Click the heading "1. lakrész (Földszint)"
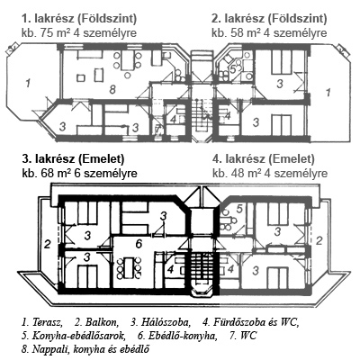[x=79, y=19]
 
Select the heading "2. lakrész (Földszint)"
[x=269, y=19]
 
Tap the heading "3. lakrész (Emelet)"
[x=73, y=159]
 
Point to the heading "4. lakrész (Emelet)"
[x=264, y=159]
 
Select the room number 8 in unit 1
[x=112, y=89]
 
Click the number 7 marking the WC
[x=157, y=130]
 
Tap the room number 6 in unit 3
[x=139, y=244]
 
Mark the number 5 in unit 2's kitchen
[x=233, y=69]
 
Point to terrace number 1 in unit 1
[x=28, y=83]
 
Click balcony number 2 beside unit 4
[x=319, y=240]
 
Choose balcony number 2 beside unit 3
[x=47, y=245]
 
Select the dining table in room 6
[x=129, y=267]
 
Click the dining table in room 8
[x=127, y=60]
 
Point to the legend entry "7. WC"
[x=243, y=336]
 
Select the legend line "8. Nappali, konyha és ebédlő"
[x=85, y=349]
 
